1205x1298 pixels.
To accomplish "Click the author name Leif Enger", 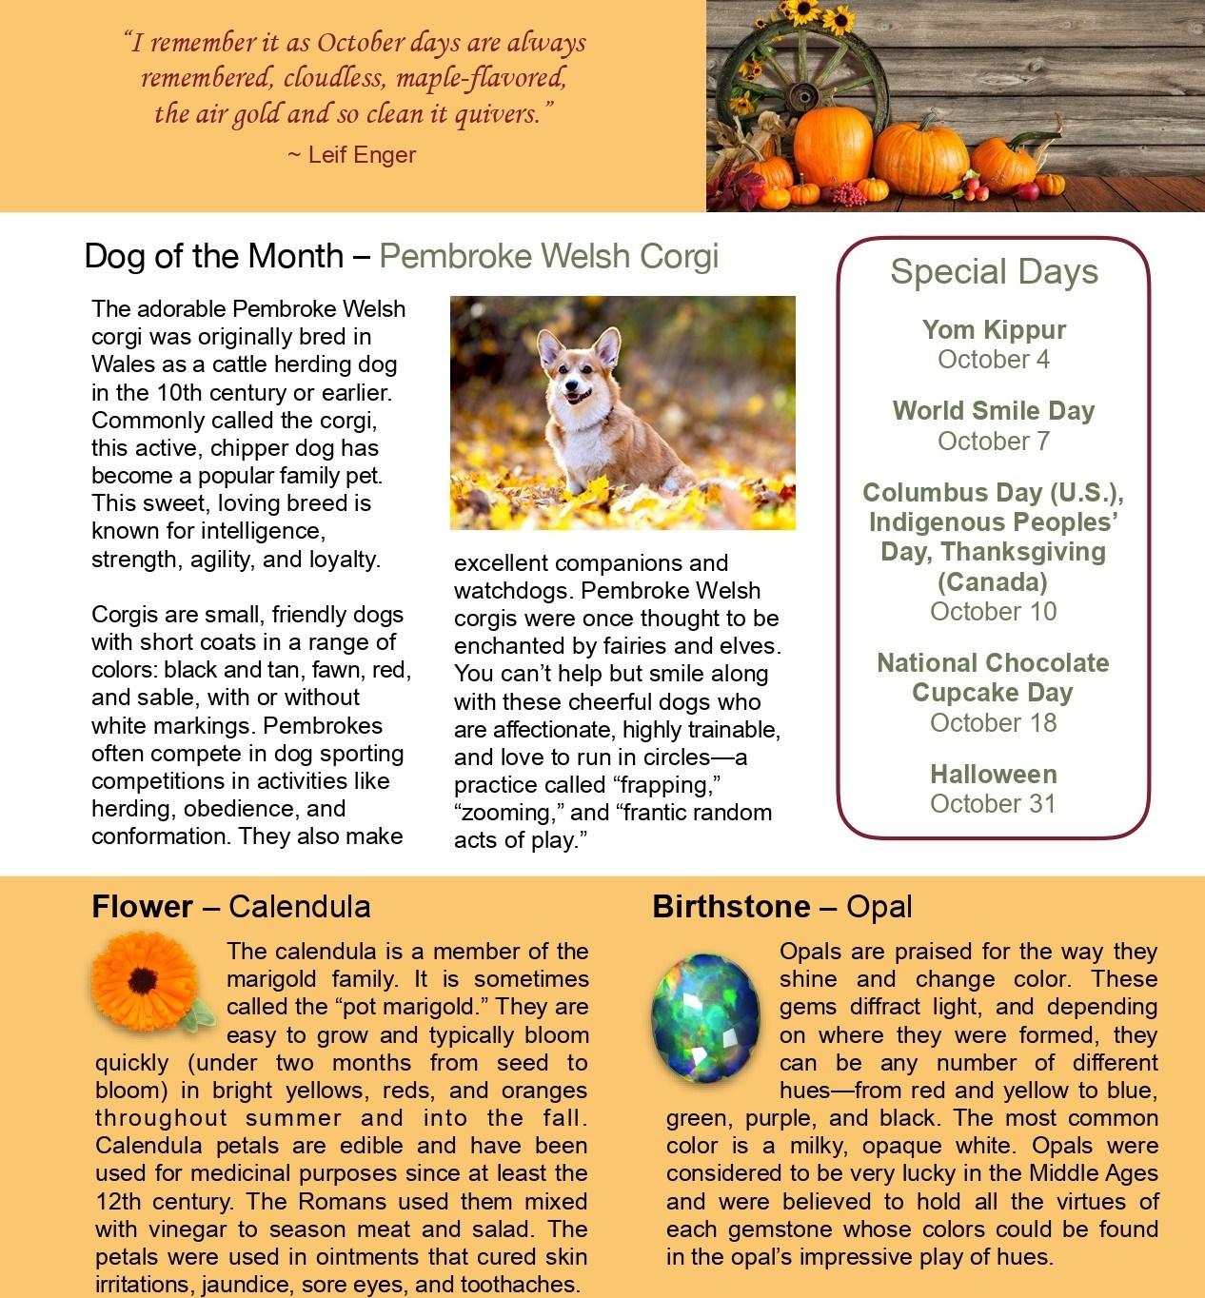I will point(362,154).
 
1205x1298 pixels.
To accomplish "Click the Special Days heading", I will point(994,272).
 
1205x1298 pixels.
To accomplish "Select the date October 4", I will point(994,360).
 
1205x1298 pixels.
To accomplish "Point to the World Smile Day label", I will point(994,411).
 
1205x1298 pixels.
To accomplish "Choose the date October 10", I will point(994,611).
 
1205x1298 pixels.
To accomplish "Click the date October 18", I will point(994,722).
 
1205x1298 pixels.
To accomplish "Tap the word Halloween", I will point(994,775).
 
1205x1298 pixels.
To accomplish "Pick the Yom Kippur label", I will point(994,330).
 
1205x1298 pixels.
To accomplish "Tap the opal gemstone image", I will point(705,1018).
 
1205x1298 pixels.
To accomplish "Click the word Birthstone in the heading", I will point(731,907).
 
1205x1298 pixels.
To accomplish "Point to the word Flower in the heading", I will point(142,907).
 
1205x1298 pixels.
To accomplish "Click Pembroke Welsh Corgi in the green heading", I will point(548,256).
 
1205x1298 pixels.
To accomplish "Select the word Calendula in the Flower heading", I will point(299,907).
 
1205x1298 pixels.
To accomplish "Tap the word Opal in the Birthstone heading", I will point(879,907).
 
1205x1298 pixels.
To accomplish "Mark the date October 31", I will point(994,803).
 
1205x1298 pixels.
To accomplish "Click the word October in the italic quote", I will point(361,43).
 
